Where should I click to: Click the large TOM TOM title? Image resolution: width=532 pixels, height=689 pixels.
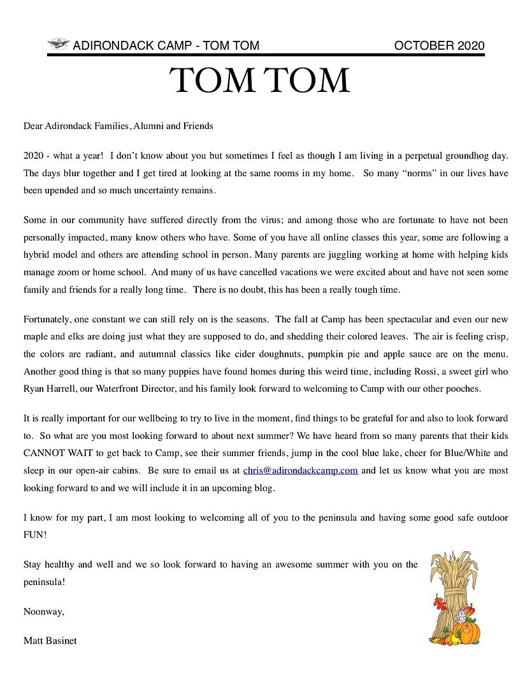click(260, 81)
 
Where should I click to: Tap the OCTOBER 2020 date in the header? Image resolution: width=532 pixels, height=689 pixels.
click(439, 45)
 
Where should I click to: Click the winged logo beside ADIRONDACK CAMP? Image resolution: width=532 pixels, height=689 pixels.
click(59, 45)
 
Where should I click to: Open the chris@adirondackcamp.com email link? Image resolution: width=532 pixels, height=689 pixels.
click(300, 471)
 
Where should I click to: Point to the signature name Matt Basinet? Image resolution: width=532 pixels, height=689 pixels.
click(50, 641)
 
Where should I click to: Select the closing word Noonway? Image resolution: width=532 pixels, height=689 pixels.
click(43, 611)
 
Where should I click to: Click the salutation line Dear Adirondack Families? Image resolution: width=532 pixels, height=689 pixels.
click(118, 126)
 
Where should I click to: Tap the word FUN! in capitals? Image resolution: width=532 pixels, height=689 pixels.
click(35, 534)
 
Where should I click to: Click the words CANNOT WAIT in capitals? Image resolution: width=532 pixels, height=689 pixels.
click(55, 454)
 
